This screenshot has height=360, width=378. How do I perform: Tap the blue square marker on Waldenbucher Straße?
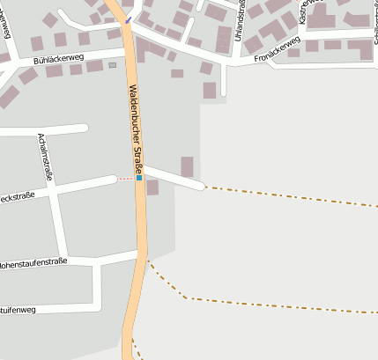[x=138, y=178]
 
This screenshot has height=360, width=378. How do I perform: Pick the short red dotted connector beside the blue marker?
[x=126, y=179]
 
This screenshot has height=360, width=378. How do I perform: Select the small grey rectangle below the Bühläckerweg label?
[x=112, y=65]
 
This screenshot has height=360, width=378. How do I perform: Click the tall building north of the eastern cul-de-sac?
[x=187, y=166]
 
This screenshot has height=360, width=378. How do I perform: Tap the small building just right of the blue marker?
[x=152, y=187]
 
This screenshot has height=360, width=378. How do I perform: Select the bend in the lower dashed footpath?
[x=186, y=298]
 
